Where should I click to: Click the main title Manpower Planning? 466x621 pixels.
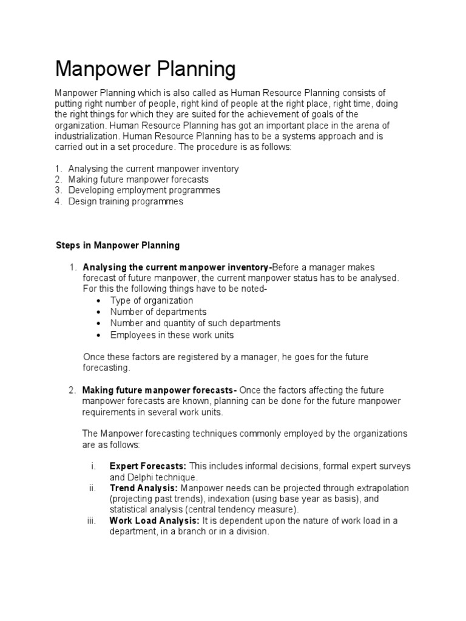coord(145,70)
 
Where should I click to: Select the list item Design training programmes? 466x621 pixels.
coord(126,201)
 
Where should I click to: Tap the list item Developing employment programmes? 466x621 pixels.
coord(144,190)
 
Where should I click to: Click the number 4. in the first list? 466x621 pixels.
coord(59,201)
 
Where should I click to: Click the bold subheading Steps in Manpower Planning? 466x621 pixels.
coord(118,246)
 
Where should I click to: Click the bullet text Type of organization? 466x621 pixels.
coord(152,301)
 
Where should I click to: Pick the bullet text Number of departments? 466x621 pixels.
coord(158,312)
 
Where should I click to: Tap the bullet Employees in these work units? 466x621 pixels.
coord(172,335)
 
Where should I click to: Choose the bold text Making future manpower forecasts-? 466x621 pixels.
coord(160,390)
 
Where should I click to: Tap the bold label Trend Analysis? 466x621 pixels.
coord(144,488)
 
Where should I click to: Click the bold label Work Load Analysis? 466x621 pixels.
coord(154,521)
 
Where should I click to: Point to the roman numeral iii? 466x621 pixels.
coord(92,521)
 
